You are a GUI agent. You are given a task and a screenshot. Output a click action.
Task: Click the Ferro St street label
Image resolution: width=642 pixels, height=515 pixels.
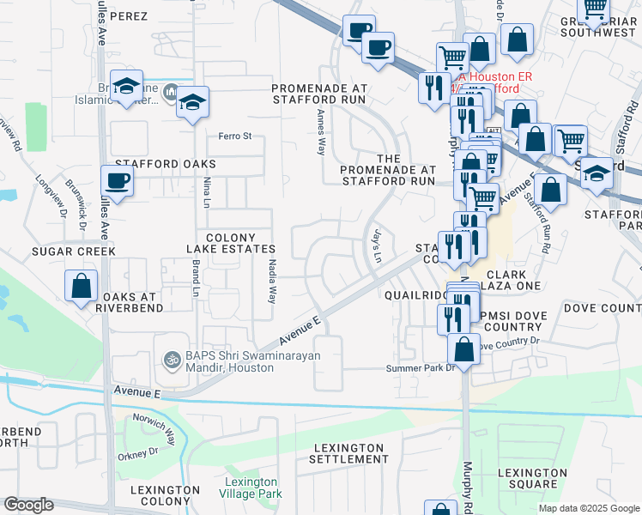click(x=234, y=136)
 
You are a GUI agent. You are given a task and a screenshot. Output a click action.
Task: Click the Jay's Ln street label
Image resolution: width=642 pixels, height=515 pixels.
click(x=376, y=244)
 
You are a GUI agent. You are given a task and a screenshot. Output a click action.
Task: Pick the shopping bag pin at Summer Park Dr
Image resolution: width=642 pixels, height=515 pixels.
click(x=463, y=349)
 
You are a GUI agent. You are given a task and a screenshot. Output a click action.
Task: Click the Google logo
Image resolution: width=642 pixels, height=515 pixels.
click(x=28, y=505)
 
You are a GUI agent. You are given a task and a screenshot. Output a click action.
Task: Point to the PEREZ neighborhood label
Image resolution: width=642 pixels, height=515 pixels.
click(x=129, y=16)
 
